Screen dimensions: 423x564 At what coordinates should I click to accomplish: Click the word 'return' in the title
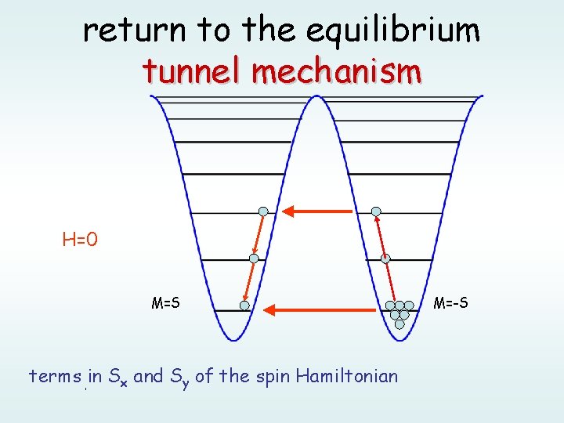(x=135, y=31)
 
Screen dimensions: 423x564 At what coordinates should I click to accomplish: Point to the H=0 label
(x=80, y=239)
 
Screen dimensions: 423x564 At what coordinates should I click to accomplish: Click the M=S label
(x=165, y=302)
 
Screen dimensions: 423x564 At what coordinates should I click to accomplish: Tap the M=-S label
(x=451, y=302)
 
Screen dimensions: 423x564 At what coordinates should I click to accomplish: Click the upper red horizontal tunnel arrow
(x=317, y=211)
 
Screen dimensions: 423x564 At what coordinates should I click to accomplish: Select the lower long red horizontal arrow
(x=320, y=310)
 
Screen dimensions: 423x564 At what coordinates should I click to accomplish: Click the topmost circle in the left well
(x=264, y=211)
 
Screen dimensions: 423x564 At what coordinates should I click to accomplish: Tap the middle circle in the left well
(x=254, y=258)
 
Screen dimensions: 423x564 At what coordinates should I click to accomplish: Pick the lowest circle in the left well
(x=244, y=305)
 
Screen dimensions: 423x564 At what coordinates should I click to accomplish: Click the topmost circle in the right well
(x=376, y=211)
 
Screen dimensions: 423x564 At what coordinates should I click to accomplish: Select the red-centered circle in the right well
(x=385, y=258)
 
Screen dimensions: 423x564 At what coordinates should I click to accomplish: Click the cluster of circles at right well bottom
(x=399, y=312)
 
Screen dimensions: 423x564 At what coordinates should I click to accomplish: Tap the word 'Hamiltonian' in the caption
(x=350, y=376)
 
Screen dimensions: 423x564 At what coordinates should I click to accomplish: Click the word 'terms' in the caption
(x=55, y=376)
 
